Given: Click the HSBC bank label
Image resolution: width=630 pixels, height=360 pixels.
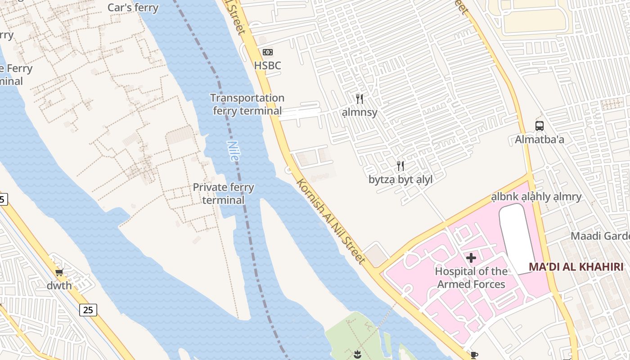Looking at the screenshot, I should tap(267, 66).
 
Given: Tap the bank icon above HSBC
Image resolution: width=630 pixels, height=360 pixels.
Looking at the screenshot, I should tap(268, 52).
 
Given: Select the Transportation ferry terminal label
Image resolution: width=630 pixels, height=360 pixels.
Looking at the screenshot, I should tap(247, 104).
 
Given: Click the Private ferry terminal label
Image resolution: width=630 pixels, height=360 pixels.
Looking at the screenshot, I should tap(223, 193).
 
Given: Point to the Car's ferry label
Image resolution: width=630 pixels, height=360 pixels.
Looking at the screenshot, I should tap(133, 8).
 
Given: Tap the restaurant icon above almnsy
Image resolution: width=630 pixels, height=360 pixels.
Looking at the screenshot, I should tap(359, 99).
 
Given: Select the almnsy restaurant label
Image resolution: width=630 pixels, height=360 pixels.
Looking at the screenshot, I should tap(359, 112).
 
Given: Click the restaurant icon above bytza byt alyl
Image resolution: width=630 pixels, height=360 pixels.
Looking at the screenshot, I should tap(400, 166).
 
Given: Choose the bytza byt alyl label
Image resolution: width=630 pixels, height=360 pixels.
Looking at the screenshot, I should tap(400, 180).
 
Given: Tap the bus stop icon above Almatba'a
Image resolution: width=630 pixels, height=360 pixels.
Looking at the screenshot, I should tap(539, 126).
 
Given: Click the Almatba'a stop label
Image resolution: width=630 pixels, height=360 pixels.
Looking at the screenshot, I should tap(539, 139).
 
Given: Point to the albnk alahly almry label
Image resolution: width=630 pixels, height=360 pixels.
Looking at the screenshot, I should tap(536, 197).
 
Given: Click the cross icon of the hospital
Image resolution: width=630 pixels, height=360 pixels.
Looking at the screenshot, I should tap(471, 258).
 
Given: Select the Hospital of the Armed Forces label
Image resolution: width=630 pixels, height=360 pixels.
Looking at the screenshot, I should tap(471, 278).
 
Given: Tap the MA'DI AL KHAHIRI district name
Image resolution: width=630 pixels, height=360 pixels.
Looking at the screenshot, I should tap(579, 266).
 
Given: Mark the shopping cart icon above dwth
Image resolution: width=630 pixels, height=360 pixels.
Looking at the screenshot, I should tap(59, 272).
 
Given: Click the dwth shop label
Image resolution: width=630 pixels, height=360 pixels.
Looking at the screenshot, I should tap(59, 286).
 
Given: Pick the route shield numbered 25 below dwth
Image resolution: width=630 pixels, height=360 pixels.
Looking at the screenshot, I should tap(88, 310).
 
